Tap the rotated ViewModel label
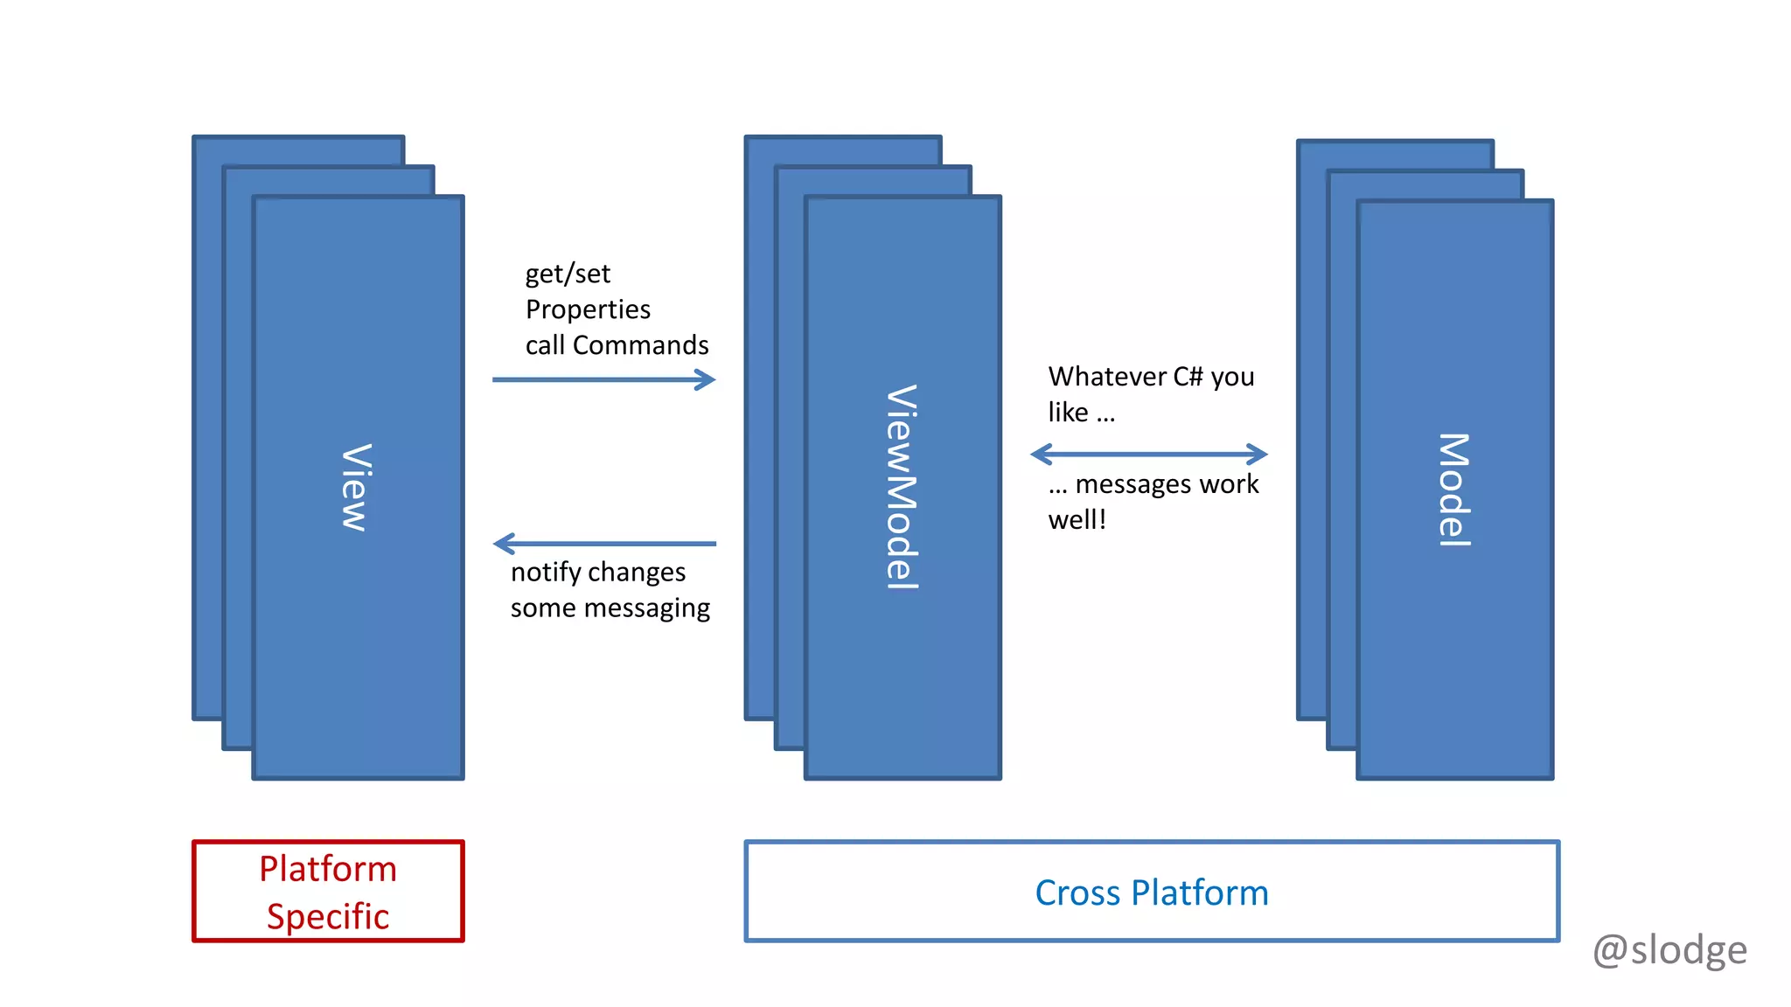[x=902, y=487]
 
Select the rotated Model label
[x=1454, y=490]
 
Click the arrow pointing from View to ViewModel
[x=603, y=379]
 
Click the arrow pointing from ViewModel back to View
[x=603, y=544]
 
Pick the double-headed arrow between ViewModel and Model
[x=1148, y=454]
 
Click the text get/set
[x=568, y=274]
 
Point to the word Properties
[x=588, y=309]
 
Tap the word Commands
[x=640, y=345]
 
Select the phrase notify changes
[x=598, y=573]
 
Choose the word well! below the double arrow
[x=1077, y=520]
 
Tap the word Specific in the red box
[x=328, y=917]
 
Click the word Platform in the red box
[x=328, y=869]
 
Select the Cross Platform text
[x=1151, y=892]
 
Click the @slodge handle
[x=1669, y=950]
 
